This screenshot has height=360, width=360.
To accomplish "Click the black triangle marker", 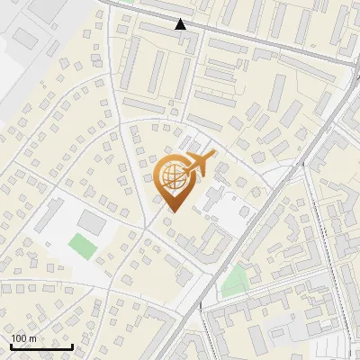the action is (x=182, y=24).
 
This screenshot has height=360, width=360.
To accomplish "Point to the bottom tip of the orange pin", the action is (x=171, y=212).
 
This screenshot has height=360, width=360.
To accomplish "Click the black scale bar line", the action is (x=41, y=346).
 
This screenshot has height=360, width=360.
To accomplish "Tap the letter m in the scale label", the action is (x=32, y=338).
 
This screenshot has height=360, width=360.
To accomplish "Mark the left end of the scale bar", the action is (x=11, y=346).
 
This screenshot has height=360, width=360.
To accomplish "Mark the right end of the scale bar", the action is (x=72, y=346).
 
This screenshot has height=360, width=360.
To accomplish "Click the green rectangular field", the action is (x=84, y=245).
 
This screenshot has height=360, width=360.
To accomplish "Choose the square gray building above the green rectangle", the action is (x=91, y=220).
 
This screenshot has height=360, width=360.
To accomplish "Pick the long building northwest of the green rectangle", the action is (x=51, y=216).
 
